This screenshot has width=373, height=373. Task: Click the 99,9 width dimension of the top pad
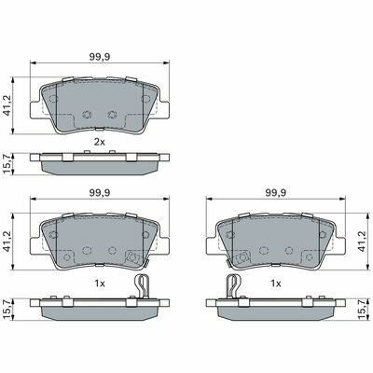[x=100, y=57]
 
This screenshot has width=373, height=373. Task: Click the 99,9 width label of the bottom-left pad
[x=100, y=193]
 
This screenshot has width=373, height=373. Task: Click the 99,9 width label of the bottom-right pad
[x=276, y=193]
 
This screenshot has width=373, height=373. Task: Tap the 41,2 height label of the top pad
[x=7, y=105]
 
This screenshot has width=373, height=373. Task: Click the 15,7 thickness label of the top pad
[x=7, y=163]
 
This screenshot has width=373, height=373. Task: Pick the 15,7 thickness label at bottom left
[x=7, y=310]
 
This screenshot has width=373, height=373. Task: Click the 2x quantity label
[x=100, y=143]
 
